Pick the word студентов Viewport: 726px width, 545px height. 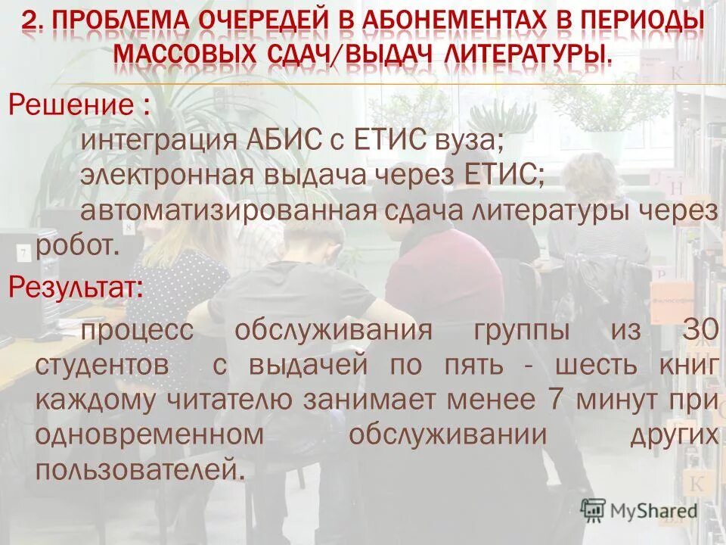tap(102, 365)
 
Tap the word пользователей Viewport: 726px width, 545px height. tap(141, 469)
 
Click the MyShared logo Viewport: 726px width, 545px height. tap(639, 510)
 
